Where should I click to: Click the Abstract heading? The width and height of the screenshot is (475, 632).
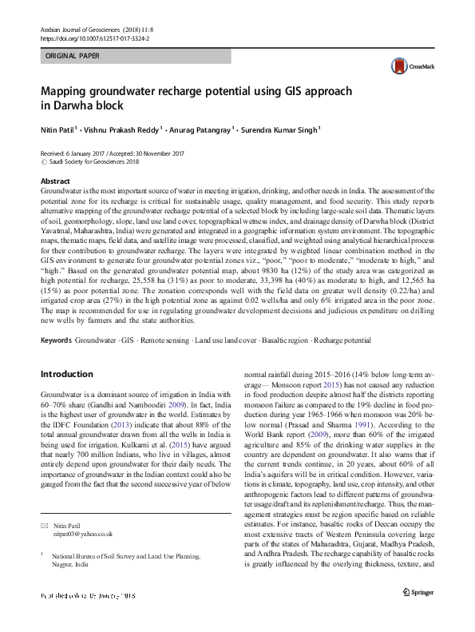point(55,182)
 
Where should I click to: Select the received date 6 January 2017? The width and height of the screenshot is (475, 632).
point(88,153)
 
